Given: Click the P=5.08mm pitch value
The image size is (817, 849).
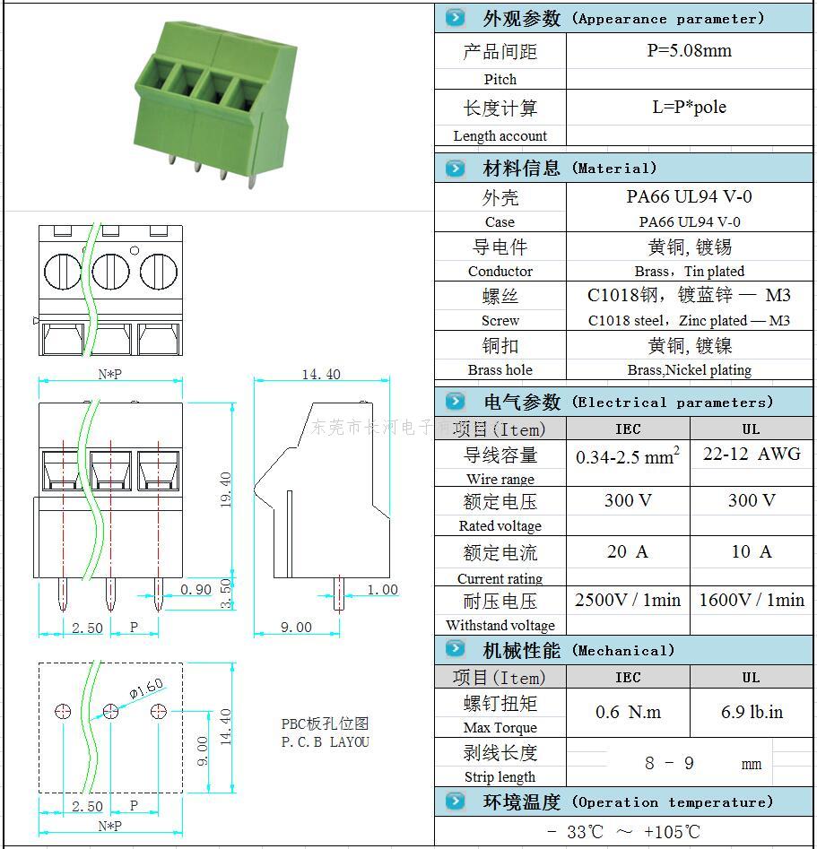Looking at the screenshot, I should tap(689, 51).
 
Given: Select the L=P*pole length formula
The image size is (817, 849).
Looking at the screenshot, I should tap(689, 108).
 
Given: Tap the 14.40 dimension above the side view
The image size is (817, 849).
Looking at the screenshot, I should tap(320, 374).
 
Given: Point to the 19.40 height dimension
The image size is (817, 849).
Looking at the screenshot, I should tap(225, 489).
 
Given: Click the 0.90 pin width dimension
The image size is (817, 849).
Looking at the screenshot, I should tap(196, 589).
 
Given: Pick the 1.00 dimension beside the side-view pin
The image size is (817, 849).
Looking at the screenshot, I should tap(382, 589).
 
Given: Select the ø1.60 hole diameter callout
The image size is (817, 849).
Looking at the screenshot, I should tap(146, 689).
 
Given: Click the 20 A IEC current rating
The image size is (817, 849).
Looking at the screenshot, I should tap(627, 552).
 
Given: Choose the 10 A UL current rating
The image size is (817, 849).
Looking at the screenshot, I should tap(751, 552).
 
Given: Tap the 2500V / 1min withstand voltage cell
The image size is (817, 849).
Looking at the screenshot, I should tap(627, 600).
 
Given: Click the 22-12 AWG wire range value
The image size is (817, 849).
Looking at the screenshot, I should tap(751, 455).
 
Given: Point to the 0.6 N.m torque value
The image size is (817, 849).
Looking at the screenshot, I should tap(628, 713).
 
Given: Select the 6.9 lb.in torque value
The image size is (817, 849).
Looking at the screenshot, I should tap(752, 713).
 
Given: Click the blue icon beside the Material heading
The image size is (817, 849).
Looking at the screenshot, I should tap(456, 168).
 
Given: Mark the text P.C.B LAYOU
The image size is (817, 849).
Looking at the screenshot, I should tap(325, 742).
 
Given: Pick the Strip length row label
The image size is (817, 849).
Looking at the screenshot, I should tap(500, 777).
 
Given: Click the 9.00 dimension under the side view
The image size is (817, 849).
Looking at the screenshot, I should tap(295, 628).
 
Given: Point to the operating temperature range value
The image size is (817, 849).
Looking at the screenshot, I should tap(623, 832).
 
